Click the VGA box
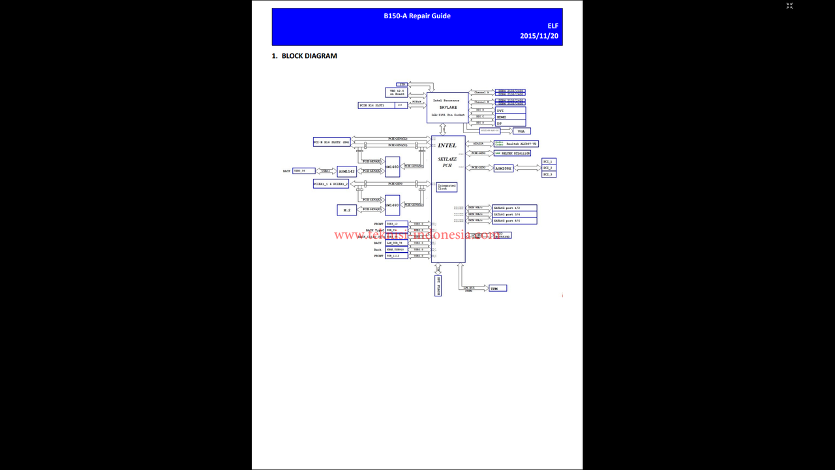point(521,131)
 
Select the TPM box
point(497,288)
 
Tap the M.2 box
point(346,210)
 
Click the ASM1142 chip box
point(347,171)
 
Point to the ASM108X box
point(504,168)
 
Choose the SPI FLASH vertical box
point(438,285)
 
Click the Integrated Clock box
point(447,187)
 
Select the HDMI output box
point(510,117)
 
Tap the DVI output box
point(510,110)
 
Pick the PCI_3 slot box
point(549,174)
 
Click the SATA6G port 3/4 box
point(515,214)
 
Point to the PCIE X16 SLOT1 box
point(376,105)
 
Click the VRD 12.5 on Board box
point(397,93)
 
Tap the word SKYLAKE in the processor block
point(448,107)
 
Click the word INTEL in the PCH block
point(448,146)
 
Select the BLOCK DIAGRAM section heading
point(305,56)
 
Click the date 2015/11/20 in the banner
point(539,36)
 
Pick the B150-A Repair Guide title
point(417,16)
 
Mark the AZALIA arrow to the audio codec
point(479,144)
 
